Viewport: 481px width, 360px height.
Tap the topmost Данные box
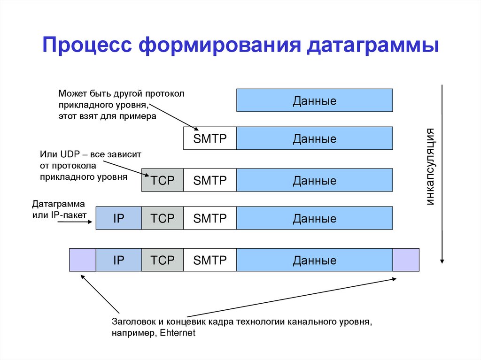(x=314, y=101)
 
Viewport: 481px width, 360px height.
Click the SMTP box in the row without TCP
(x=209, y=138)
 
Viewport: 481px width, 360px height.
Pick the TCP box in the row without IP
(x=163, y=180)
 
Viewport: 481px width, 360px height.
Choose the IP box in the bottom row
(x=118, y=260)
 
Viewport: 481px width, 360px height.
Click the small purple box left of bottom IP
(x=83, y=260)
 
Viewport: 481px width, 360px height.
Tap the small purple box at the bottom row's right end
(x=405, y=260)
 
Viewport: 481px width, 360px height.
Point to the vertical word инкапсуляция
(x=431, y=166)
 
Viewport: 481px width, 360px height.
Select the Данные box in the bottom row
(x=314, y=260)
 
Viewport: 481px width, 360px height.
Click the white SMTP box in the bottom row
(x=209, y=260)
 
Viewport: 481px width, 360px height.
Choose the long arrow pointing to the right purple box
(x=291, y=297)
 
